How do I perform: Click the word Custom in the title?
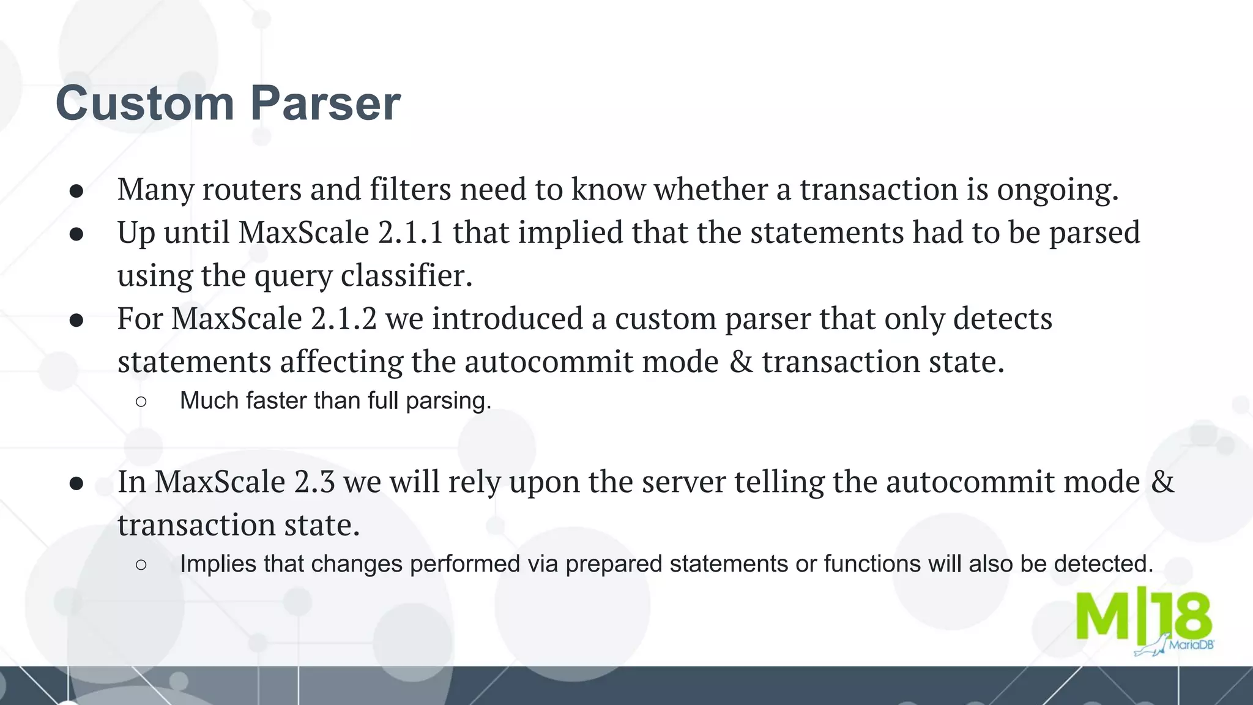[144, 103]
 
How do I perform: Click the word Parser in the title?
[325, 103]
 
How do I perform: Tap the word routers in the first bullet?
[251, 189]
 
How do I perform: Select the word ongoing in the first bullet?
[1057, 190]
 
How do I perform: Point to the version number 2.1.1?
[411, 233]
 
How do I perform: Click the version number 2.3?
[314, 482]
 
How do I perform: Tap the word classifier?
[406, 275]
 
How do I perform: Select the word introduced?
[507, 319]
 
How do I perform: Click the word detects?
[1002, 319]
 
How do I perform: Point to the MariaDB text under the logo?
[1191, 645]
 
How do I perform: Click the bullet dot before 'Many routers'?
[76, 191]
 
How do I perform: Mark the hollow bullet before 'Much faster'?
[141, 401]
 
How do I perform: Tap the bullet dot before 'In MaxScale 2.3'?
[76, 483]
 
